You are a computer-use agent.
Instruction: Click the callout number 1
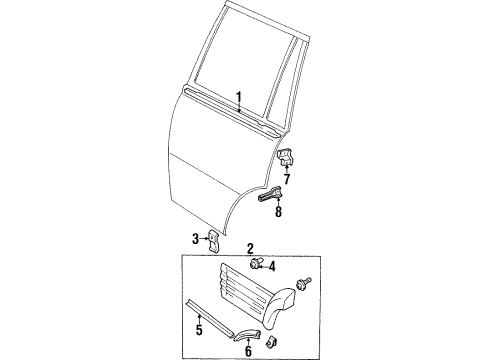[x=239, y=97]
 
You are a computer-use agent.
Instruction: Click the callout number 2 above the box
[x=250, y=248]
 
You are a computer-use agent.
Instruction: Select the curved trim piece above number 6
[x=248, y=322]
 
